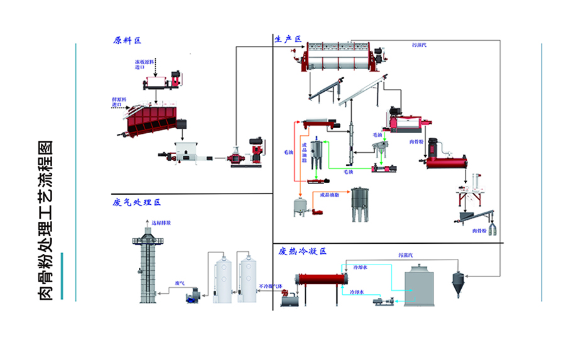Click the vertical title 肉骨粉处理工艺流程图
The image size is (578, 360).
click(46, 219)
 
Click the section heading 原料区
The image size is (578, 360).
click(127, 40)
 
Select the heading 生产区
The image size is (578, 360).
click(288, 39)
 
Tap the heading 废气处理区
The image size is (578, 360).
click(137, 202)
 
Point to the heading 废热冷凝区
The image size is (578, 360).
click(303, 251)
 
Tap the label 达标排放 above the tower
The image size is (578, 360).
click(161, 222)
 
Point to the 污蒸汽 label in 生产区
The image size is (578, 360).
click(419, 45)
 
